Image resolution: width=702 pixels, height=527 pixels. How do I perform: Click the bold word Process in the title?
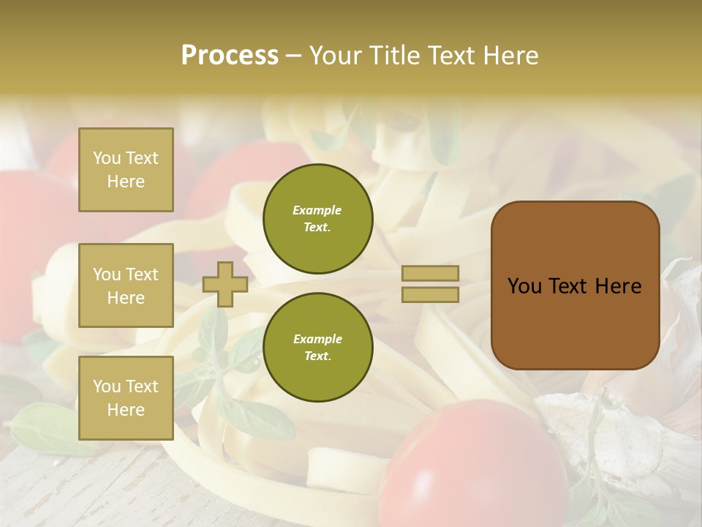230,56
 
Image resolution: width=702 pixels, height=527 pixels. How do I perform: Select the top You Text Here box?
126,170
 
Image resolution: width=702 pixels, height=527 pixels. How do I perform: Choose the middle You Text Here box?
126,285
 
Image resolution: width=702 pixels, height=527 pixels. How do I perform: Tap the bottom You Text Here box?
126,398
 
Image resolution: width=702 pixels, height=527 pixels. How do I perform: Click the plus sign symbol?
225,284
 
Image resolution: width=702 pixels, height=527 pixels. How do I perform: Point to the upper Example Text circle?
317,219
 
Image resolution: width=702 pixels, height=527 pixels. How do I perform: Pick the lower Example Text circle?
317,348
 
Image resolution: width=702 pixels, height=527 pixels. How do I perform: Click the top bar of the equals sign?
430,274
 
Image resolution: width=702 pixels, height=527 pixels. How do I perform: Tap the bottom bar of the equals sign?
430,294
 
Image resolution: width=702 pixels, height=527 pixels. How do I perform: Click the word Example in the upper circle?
317,210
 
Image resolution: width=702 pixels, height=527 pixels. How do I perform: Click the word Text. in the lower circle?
317,356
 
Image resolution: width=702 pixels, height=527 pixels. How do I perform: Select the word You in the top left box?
106,158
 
